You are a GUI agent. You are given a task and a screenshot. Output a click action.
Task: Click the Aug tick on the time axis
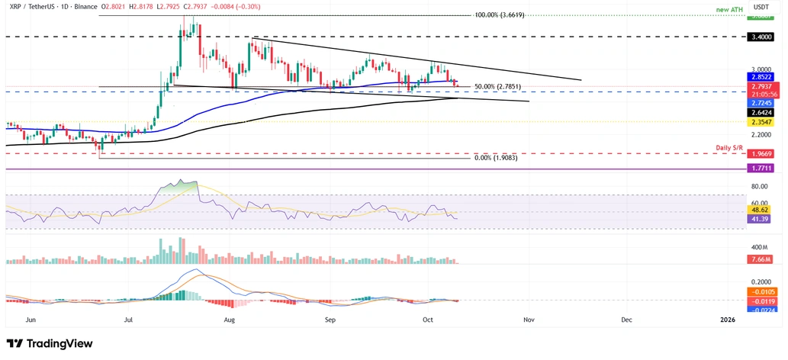(x=230, y=320)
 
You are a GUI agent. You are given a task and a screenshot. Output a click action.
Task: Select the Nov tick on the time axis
(x=527, y=320)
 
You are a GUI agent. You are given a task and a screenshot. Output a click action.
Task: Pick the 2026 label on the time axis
(x=728, y=320)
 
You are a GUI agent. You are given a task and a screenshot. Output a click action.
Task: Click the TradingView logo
(x=50, y=344)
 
